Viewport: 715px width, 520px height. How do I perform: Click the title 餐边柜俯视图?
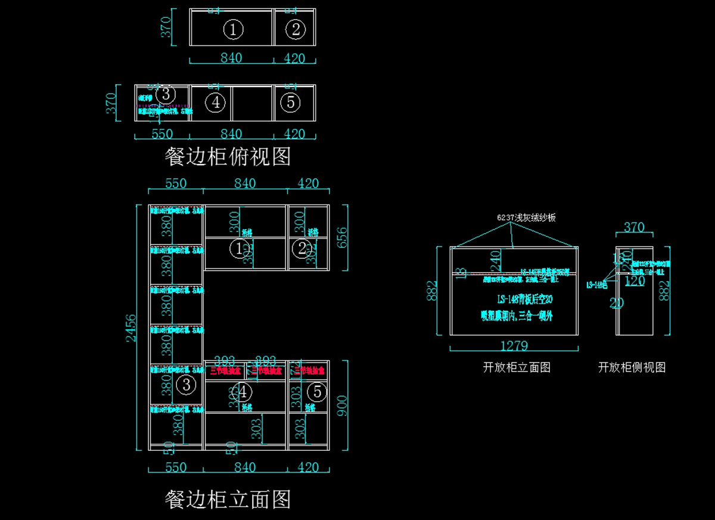228,157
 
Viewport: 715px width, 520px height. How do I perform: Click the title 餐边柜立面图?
228,499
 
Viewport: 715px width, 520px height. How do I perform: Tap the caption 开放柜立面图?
517,367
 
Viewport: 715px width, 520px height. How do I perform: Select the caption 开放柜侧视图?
632,367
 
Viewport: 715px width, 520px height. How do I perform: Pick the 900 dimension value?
341,405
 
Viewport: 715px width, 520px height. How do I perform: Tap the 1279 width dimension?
513,345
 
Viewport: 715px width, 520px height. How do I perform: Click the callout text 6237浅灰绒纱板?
527,218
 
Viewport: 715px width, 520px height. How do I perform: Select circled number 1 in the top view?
233,29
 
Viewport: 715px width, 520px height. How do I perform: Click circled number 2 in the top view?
296,29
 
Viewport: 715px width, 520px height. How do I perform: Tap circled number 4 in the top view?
215,103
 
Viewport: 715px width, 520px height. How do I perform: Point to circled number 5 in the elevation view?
318,392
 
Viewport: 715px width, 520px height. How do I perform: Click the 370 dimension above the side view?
634,227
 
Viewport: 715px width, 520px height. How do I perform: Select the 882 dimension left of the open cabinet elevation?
436,291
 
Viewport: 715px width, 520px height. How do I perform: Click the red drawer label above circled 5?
310,370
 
